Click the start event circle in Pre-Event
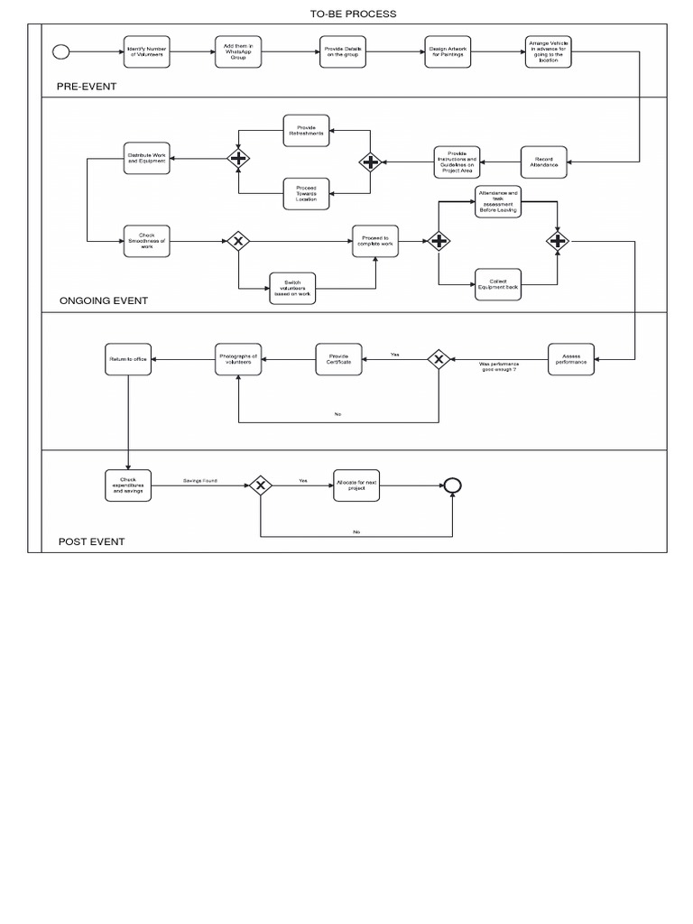pyautogui.click(x=63, y=51)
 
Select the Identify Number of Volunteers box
pyautogui.click(x=147, y=51)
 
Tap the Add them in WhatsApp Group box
pyautogui.click(x=238, y=52)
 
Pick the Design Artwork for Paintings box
pyautogui.click(x=448, y=51)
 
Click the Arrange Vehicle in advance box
pyautogui.click(x=550, y=51)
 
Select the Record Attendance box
pyautogui.click(x=544, y=162)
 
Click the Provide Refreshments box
pyautogui.click(x=306, y=130)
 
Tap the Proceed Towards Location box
pyautogui.click(x=306, y=192)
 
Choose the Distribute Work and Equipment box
pyautogui.click(x=147, y=159)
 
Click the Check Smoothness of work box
pyautogui.click(x=147, y=241)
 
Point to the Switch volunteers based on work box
pyautogui.click(x=293, y=289)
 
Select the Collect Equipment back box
pyautogui.click(x=498, y=284)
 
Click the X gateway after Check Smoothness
pyautogui.click(x=238, y=241)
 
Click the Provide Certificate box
pyautogui.click(x=339, y=359)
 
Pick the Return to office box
pyautogui.click(x=128, y=359)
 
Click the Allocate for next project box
pyautogui.click(x=356, y=485)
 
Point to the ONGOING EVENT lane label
pyautogui.click(x=103, y=300)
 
